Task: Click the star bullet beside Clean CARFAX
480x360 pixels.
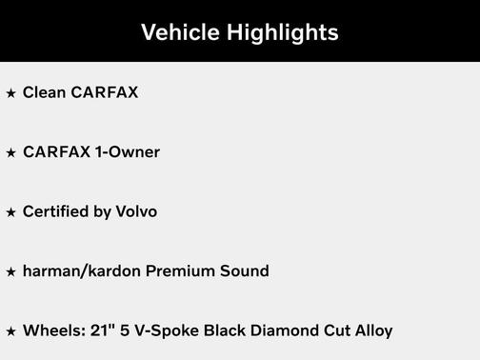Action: point(11,93)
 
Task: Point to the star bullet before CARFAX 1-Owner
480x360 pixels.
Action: point(11,153)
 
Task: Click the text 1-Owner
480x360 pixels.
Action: point(128,152)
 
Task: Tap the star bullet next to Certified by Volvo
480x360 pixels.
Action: point(11,212)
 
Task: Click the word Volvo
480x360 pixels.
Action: point(136,211)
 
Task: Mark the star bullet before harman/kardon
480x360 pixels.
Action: point(11,272)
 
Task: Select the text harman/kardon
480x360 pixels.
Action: point(82,271)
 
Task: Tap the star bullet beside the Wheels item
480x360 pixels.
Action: point(11,332)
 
